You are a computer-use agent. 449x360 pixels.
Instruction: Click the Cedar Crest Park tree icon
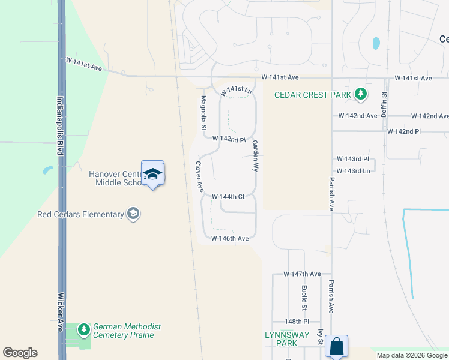click(x=361, y=94)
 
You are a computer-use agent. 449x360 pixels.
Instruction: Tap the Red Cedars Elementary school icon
click(x=133, y=214)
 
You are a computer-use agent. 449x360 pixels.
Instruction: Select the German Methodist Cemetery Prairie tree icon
click(x=85, y=329)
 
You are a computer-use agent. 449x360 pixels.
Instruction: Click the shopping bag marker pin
click(x=336, y=347)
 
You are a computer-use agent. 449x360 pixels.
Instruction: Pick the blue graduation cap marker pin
click(x=152, y=175)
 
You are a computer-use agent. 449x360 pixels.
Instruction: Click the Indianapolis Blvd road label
click(x=60, y=126)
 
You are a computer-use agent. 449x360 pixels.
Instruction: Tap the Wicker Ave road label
click(x=60, y=312)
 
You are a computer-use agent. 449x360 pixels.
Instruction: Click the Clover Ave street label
click(x=199, y=176)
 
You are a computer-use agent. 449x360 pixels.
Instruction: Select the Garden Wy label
click(x=255, y=156)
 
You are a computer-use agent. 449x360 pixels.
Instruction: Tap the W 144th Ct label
click(x=228, y=196)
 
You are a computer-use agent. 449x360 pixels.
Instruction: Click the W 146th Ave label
click(x=230, y=238)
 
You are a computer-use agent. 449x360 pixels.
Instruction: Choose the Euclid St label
click(x=304, y=298)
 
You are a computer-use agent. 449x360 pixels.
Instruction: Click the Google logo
click(x=20, y=353)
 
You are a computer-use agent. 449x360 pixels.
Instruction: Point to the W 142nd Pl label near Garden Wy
click(x=229, y=139)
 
